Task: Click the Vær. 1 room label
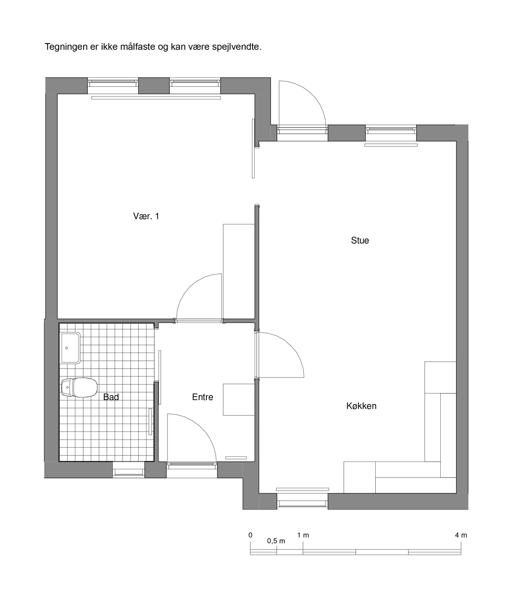pos(146,216)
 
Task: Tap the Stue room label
pos(360,240)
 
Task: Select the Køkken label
pos(361,406)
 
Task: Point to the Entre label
pos(202,397)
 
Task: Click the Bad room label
pos(111,397)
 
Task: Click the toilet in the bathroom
pos(79,387)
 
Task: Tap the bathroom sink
pos(70,348)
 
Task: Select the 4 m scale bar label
pos(461,535)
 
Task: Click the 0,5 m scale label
pos(276,541)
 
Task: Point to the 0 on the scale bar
pos(250,535)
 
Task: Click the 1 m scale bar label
pos(303,535)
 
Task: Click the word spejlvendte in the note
pos(237,47)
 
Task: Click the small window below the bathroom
pos(128,472)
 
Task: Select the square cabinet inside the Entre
pos(239,400)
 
